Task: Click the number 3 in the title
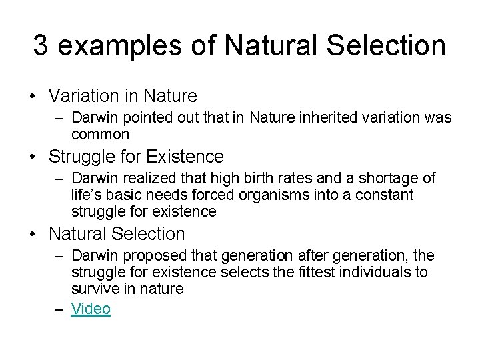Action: pyautogui.click(x=41, y=45)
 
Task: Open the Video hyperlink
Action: pyautogui.click(x=91, y=309)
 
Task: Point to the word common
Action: pyautogui.click(x=100, y=135)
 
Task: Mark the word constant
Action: pyautogui.click(x=382, y=195)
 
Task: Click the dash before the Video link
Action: pyautogui.click(x=59, y=309)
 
